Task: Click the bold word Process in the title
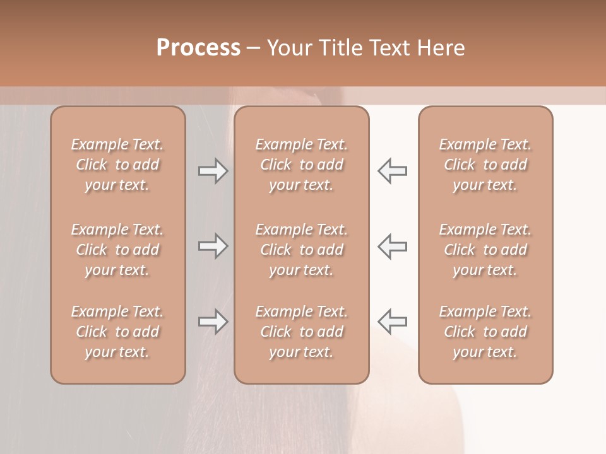pyautogui.click(x=198, y=48)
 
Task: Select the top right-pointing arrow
pyautogui.click(x=213, y=171)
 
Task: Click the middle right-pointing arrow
pyautogui.click(x=213, y=246)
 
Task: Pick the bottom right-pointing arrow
pyautogui.click(x=213, y=322)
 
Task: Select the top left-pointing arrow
pyautogui.click(x=393, y=171)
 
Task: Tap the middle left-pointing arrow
pyautogui.click(x=393, y=246)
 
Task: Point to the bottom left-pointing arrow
pyautogui.click(x=393, y=322)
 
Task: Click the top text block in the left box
pyautogui.click(x=117, y=165)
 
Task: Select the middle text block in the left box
pyautogui.click(x=117, y=250)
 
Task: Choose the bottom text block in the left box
pyautogui.click(x=117, y=332)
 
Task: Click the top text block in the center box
pyautogui.click(x=302, y=165)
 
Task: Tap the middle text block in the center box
pyautogui.click(x=302, y=250)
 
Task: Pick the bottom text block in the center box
pyautogui.click(x=302, y=332)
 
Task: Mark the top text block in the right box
pyautogui.click(x=485, y=165)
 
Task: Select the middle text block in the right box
pyautogui.click(x=485, y=250)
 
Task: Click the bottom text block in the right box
pyautogui.click(x=485, y=332)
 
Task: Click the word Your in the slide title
pyautogui.click(x=288, y=48)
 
